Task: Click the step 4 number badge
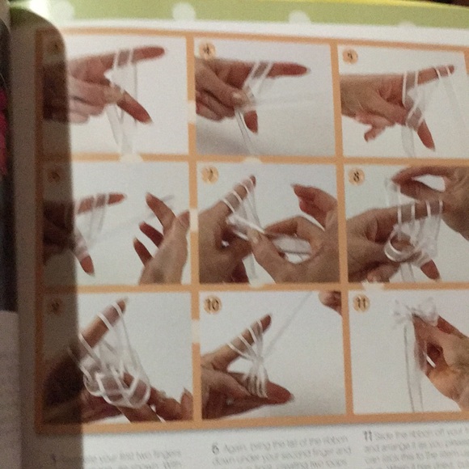[x=208, y=50]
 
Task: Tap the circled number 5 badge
[x=350, y=56]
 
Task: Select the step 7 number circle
[x=209, y=175]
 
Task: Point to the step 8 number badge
[x=357, y=176]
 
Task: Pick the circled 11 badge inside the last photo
[x=361, y=304]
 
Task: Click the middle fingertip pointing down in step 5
[x=425, y=137]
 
